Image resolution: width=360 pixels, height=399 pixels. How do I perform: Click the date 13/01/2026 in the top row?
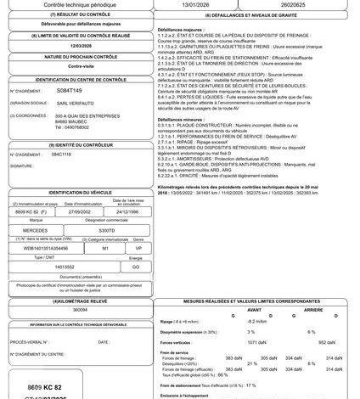(191, 5)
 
